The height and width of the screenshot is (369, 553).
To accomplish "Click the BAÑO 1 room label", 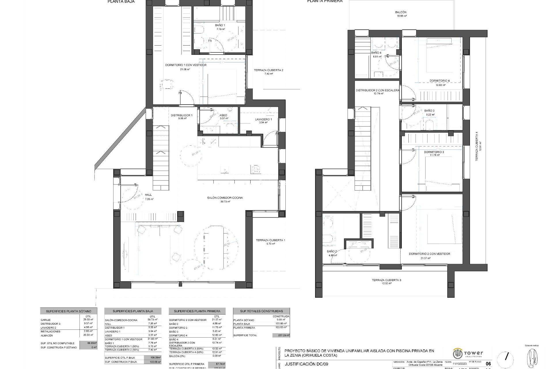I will (220, 25).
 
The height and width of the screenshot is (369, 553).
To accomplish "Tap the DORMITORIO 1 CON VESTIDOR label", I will (186, 65).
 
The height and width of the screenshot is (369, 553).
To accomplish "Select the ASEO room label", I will (223, 115).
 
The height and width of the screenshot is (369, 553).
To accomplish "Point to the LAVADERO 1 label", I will (263, 119).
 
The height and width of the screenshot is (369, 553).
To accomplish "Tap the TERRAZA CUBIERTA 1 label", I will (270, 240).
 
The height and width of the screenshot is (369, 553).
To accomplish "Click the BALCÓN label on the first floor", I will (401, 12).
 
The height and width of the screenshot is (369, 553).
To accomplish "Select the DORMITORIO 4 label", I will (440, 81).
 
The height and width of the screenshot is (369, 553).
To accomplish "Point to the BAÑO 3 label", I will (429, 111).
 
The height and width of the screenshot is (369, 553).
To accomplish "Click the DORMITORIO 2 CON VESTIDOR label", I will (429, 254).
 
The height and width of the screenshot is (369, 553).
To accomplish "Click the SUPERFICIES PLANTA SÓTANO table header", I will (69, 311).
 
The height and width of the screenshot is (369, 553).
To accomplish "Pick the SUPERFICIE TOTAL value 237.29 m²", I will (281, 335).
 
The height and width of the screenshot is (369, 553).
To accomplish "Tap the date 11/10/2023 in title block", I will (459, 364).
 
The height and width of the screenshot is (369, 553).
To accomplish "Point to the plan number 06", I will (488, 364).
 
